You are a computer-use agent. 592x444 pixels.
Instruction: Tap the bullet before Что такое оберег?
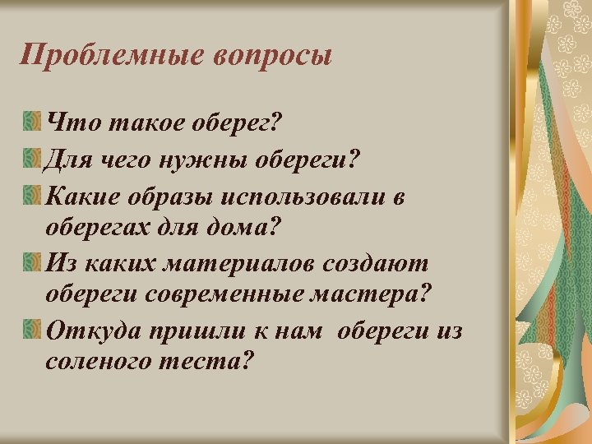point(32,123)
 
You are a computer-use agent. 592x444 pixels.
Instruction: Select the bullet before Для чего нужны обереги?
point(32,157)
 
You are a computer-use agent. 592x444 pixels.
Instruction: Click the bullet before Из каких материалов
point(32,262)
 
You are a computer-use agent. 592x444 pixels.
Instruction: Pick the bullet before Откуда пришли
point(32,331)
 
